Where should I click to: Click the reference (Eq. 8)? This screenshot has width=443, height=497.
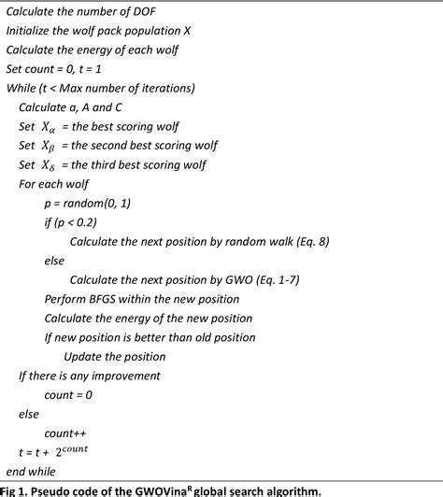pos(304,241)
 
